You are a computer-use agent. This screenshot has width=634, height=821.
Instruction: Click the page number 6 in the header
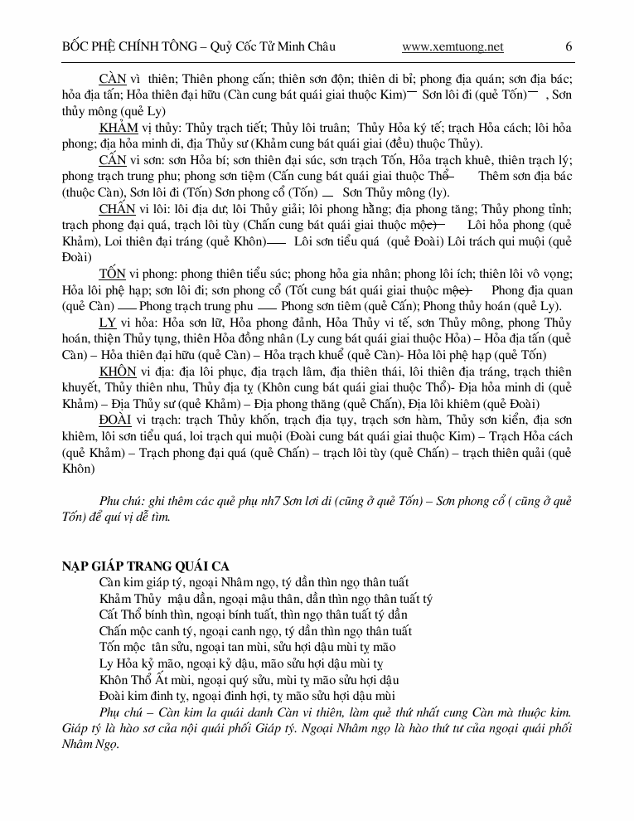569,46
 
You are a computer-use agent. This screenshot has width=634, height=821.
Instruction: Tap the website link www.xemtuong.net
452,47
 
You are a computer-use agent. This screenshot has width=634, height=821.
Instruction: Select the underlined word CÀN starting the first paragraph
112,79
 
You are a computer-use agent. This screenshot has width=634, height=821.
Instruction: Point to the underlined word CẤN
112,160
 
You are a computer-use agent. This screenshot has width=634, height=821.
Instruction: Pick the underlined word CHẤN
117,209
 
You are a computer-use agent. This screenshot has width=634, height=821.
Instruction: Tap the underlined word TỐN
112,274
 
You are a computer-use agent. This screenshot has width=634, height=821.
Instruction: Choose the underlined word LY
107,323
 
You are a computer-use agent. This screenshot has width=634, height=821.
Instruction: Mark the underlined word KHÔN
118,371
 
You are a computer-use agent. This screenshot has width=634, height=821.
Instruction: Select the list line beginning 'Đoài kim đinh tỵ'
247,695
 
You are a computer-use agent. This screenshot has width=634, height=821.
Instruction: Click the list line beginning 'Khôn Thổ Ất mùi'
249,679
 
